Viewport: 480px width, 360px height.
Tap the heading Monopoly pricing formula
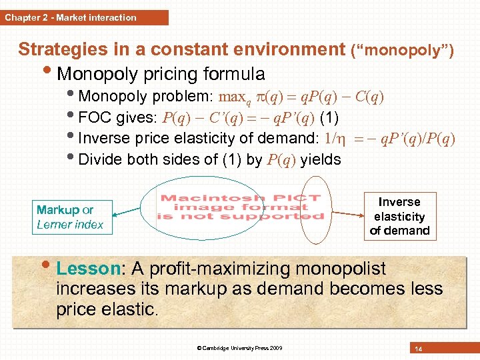tap(161, 73)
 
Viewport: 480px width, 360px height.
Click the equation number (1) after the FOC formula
tap(329, 118)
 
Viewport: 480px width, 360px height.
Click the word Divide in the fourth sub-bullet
tap(99, 160)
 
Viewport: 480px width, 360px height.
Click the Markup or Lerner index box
tap(71, 217)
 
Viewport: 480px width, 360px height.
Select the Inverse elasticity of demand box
tap(399, 216)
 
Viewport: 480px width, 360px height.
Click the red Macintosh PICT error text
tap(240, 207)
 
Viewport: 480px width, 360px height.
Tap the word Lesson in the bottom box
tap(87, 269)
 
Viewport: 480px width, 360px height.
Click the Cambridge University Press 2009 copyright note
tap(240, 348)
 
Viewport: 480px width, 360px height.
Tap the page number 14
tap(418, 349)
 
